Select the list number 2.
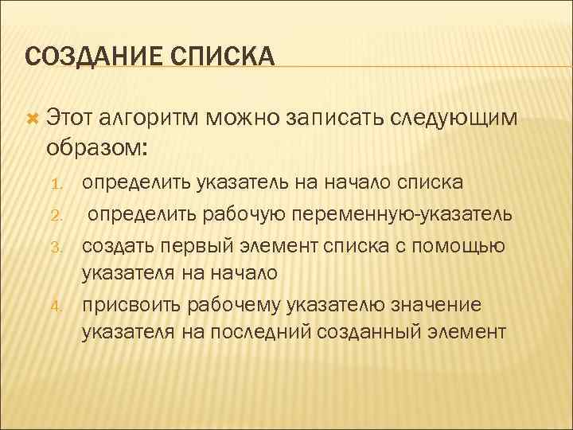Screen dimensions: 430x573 click(x=56, y=216)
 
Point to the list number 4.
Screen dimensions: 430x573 click(x=56, y=303)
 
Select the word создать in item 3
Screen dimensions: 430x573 click(x=119, y=244)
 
